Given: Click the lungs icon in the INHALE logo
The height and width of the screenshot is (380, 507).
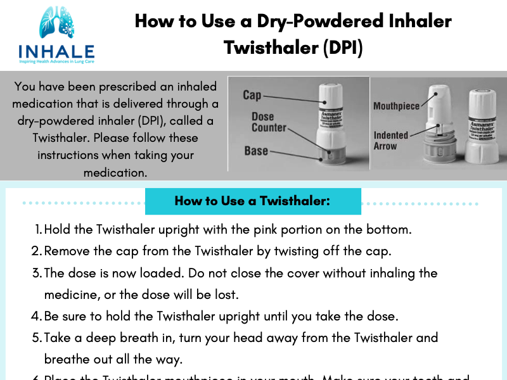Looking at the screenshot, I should tap(57, 25).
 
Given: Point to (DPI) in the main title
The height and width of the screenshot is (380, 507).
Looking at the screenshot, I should tap(342, 47).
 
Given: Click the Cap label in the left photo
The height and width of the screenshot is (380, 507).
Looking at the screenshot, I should tap(252, 95).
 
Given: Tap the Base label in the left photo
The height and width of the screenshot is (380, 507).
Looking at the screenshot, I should tap(256, 151).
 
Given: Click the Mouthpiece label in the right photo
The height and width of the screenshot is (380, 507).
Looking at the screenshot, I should tap(396, 106).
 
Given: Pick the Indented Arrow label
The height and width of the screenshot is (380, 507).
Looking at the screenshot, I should tap(391, 141).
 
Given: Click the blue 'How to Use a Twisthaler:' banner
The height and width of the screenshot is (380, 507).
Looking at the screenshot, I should tap(253, 201).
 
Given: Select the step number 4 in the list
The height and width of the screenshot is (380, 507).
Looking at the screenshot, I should tap(37, 315).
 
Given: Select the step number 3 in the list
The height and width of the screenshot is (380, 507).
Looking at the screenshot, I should tap(37, 273).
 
